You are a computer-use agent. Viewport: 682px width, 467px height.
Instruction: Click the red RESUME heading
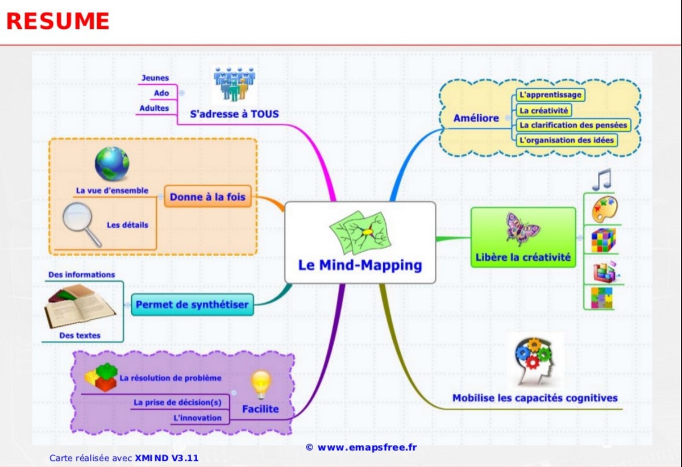point(57,21)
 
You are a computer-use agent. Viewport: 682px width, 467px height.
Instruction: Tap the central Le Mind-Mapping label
point(360,265)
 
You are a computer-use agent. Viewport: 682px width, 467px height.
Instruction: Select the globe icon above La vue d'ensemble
point(112,164)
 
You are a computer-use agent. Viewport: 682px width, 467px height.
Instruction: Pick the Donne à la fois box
point(208,197)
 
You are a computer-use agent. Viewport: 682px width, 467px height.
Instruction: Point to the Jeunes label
point(155,78)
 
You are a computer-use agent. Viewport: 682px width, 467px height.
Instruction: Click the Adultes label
point(155,108)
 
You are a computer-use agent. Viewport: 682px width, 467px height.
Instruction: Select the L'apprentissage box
point(550,95)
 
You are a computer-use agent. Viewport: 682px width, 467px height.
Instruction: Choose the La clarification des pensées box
point(573,125)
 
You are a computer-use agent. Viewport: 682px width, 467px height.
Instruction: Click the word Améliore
point(476,118)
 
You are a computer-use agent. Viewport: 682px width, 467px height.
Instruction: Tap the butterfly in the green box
point(522,228)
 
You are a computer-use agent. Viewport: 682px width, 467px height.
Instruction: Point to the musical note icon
point(601,179)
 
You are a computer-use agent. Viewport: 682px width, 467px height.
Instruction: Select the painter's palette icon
point(604,210)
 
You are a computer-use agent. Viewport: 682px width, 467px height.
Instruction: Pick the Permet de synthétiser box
point(192,305)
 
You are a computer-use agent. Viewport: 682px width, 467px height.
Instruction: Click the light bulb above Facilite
point(261,384)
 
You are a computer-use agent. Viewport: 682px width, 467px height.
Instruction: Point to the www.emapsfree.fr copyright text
point(361,447)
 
